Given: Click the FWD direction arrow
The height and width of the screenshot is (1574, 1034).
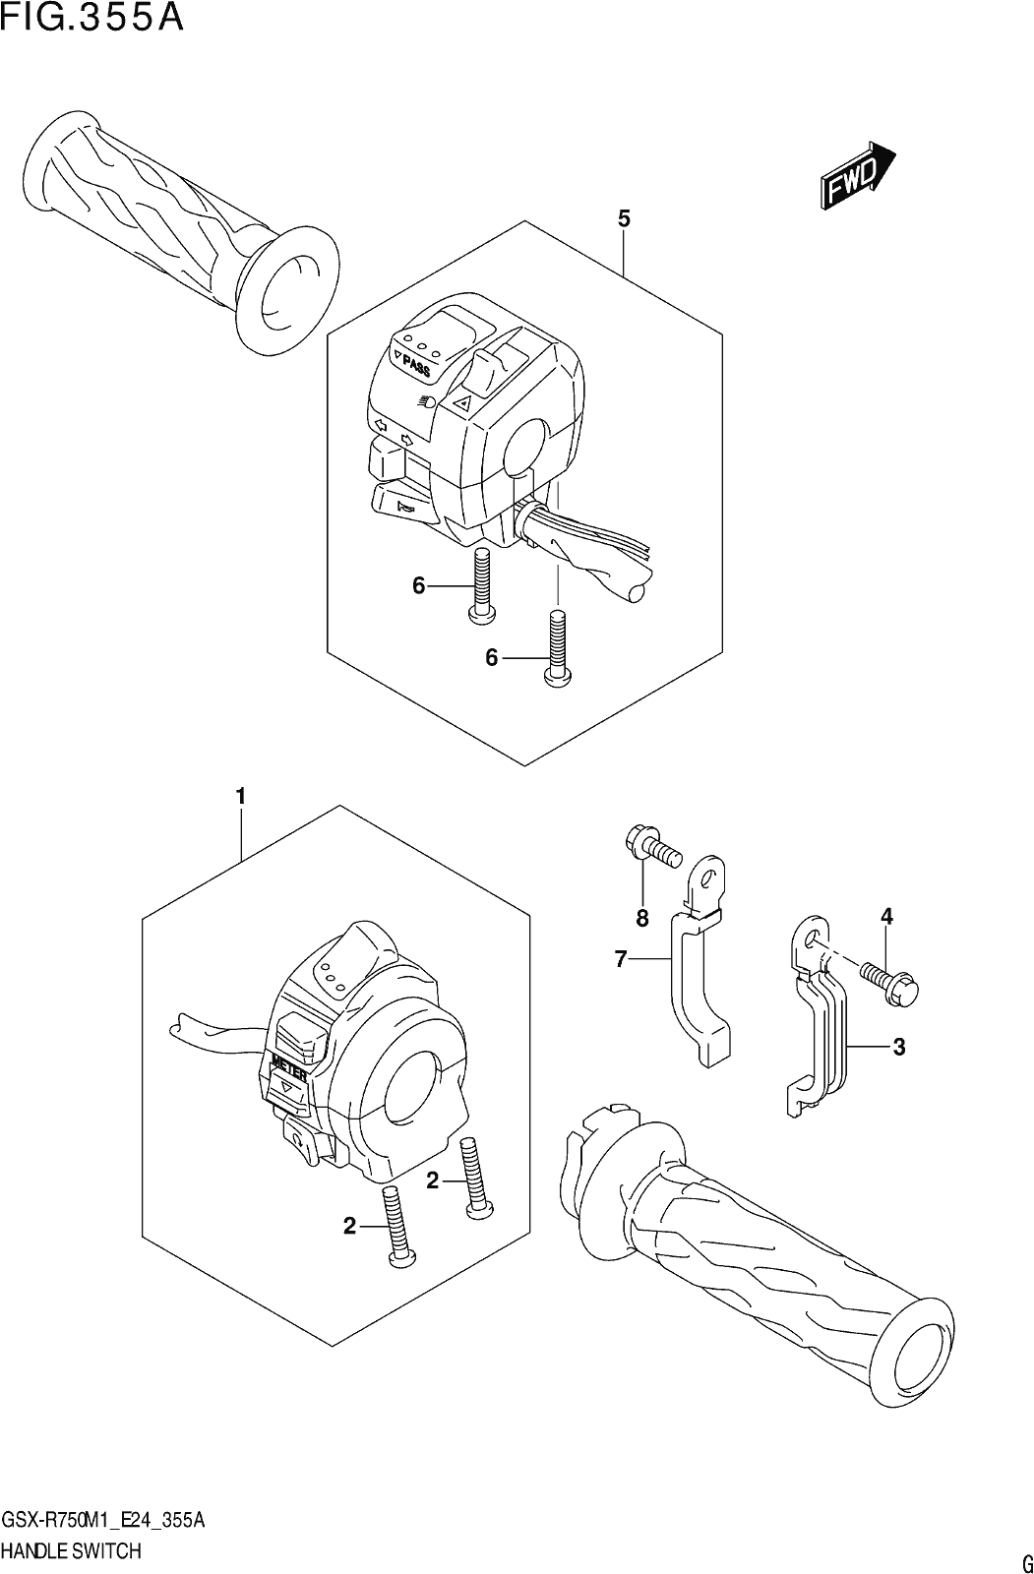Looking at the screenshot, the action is [858, 174].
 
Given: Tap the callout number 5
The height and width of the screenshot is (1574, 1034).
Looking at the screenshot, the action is [624, 219].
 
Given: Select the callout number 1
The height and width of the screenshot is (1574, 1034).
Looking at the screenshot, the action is [240, 797].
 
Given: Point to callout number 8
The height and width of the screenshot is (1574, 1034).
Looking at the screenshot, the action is [641, 917].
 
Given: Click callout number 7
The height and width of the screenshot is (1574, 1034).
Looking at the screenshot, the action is [620, 958].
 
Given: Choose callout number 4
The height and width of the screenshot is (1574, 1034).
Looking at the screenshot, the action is [887, 916].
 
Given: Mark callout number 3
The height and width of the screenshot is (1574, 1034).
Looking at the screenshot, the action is [899, 1047].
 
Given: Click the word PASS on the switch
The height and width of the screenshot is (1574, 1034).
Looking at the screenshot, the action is [415, 365].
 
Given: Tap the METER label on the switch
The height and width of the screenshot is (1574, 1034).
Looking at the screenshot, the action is [288, 1071].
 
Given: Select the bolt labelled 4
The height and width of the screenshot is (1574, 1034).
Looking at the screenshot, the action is [890, 984].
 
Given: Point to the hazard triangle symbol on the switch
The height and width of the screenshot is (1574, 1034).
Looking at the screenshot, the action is [462, 402].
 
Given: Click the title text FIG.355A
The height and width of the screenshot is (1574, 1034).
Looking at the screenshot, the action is [92, 19].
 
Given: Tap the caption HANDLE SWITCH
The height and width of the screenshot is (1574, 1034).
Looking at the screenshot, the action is [72, 1550].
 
